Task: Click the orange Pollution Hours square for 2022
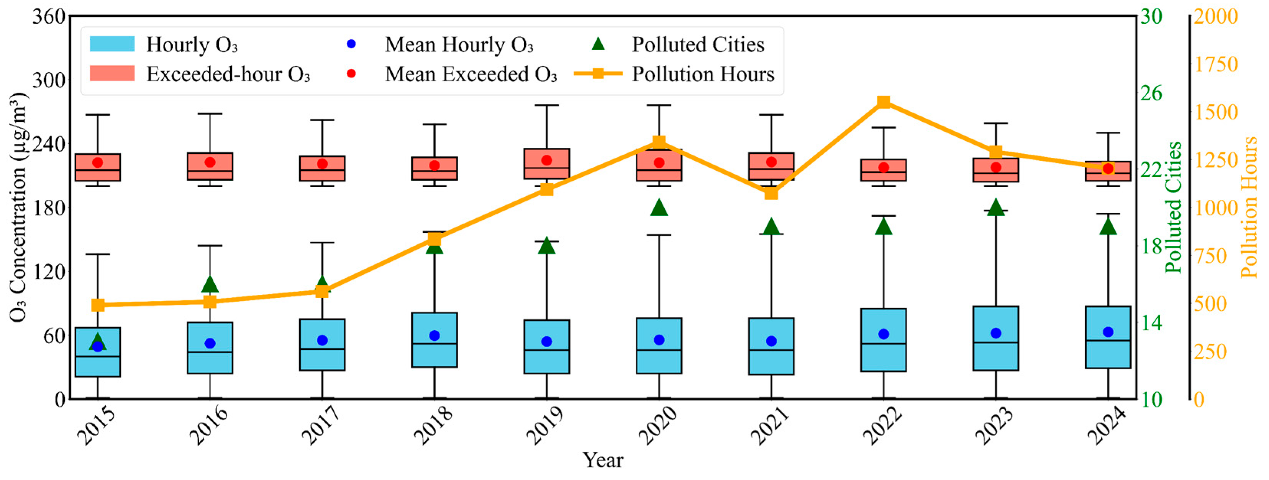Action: (884, 102)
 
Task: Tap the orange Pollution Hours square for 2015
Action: (98, 305)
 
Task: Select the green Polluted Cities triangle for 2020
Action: (659, 208)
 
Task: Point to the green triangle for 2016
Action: (210, 284)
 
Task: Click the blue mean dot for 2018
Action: (434, 336)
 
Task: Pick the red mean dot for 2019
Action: (547, 160)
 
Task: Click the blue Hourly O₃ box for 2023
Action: (995, 354)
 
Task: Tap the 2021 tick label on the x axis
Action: (769, 426)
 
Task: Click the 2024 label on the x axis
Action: (1107, 426)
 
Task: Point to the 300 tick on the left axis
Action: (49, 80)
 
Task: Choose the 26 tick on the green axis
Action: (1152, 93)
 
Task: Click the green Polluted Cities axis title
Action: (1174, 207)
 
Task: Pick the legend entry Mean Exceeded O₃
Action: (471, 74)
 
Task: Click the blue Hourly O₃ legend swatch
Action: (112, 44)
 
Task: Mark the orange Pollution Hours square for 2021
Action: (771, 193)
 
